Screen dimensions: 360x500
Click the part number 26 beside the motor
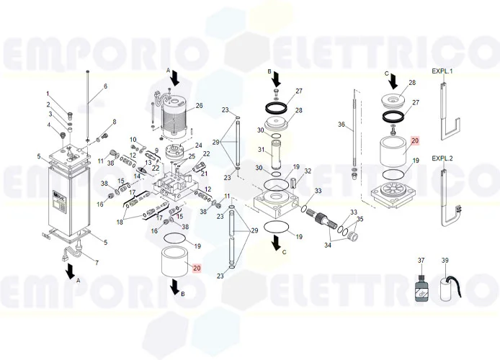tap(200, 106)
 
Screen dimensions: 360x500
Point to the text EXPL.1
tap(442, 71)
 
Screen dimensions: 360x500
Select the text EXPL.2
tap(442, 158)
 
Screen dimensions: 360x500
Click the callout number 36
tap(341, 125)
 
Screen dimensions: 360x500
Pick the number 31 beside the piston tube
tap(262, 150)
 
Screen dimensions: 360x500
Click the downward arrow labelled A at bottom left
tap(70, 271)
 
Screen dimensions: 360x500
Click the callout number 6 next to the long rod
tap(104, 86)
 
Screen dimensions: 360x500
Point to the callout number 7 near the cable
tap(96, 262)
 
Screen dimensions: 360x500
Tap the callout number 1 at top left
tap(48, 94)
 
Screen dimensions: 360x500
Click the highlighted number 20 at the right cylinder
tap(414, 141)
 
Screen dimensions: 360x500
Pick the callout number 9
tap(156, 150)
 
